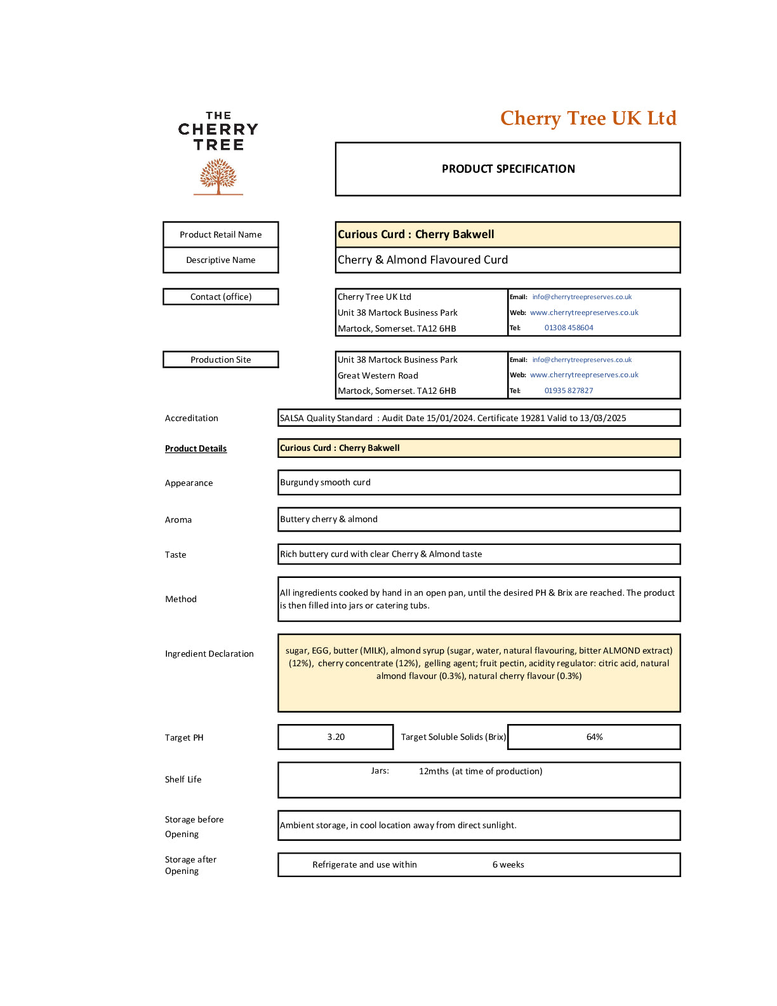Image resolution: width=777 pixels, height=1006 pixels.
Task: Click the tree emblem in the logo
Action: pyautogui.click(x=218, y=176)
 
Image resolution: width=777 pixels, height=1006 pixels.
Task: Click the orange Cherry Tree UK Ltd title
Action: pyautogui.click(x=588, y=118)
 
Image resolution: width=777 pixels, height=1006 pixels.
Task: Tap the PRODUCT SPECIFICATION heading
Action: pyautogui.click(x=508, y=169)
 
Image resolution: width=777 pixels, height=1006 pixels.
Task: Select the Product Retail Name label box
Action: pyautogui.click(x=220, y=234)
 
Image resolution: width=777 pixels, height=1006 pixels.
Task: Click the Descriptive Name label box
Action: pyautogui.click(x=220, y=260)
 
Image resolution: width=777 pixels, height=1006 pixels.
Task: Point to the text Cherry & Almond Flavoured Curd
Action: pyautogui.click(x=423, y=260)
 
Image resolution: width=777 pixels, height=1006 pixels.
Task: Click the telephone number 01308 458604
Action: pyautogui.click(x=569, y=328)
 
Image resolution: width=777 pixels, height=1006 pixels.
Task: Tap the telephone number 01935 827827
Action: pyautogui.click(x=569, y=391)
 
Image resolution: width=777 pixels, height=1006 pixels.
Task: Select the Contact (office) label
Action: pyautogui.click(x=220, y=297)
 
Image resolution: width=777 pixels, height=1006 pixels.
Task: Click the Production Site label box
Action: pyautogui.click(x=220, y=359)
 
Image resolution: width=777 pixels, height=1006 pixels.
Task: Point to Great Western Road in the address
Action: pyautogui.click(x=378, y=375)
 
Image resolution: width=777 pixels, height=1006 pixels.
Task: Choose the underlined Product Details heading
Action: pyautogui.click(x=196, y=448)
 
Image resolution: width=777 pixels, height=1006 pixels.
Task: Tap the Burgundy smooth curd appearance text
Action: pyautogui.click(x=325, y=483)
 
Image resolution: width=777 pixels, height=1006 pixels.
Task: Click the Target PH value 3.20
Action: pyautogui.click(x=336, y=737)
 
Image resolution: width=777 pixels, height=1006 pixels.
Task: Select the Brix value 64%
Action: pyautogui.click(x=594, y=737)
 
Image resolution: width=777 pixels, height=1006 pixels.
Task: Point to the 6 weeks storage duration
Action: pyautogui.click(x=508, y=864)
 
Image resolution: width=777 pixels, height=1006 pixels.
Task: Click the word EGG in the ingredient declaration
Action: pyautogui.click(x=320, y=650)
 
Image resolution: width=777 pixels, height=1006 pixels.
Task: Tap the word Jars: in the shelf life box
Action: pyautogui.click(x=380, y=771)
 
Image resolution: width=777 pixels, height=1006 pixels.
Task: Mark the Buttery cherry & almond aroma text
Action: pyautogui.click(x=329, y=519)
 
